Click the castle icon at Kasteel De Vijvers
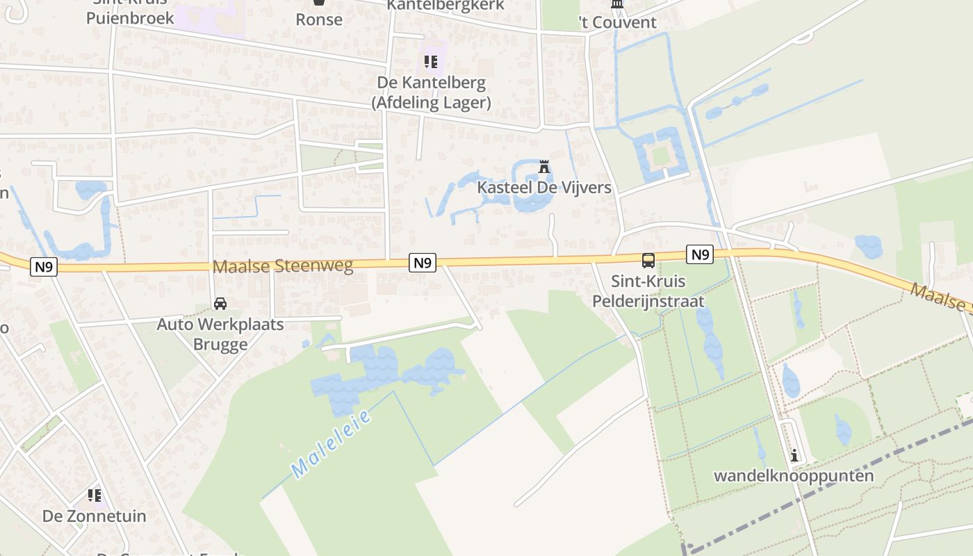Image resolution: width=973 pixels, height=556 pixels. tap(544, 167)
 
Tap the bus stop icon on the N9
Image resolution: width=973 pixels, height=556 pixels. tap(648, 261)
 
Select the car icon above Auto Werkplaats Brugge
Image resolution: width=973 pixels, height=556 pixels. tap(220, 304)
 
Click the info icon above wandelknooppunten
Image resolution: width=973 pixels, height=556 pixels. tap(794, 456)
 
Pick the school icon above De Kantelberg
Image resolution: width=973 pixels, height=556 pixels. tap(431, 62)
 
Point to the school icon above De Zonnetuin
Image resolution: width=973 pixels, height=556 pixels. tap(95, 496)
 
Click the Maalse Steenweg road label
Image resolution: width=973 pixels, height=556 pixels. tap(283, 265)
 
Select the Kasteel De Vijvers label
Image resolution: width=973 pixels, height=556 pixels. tap(543, 188)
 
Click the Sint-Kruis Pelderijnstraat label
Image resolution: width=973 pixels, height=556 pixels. tap(648, 291)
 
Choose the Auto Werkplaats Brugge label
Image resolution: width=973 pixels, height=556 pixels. tap(220, 334)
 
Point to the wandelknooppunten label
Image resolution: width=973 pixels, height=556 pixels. tap(794, 476)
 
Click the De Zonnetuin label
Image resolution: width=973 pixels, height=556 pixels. tap(95, 516)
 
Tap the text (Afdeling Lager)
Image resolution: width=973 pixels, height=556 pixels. tap(431, 103)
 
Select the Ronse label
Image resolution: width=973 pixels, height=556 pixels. tap(319, 19)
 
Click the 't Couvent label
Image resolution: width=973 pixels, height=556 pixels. tap(617, 22)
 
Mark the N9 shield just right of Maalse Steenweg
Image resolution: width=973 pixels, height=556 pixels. tap(423, 262)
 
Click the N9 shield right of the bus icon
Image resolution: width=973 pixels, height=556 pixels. tap(700, 254)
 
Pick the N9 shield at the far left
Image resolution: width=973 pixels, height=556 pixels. tap(43, 266)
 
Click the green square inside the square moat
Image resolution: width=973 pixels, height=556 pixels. tap(660, 155)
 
